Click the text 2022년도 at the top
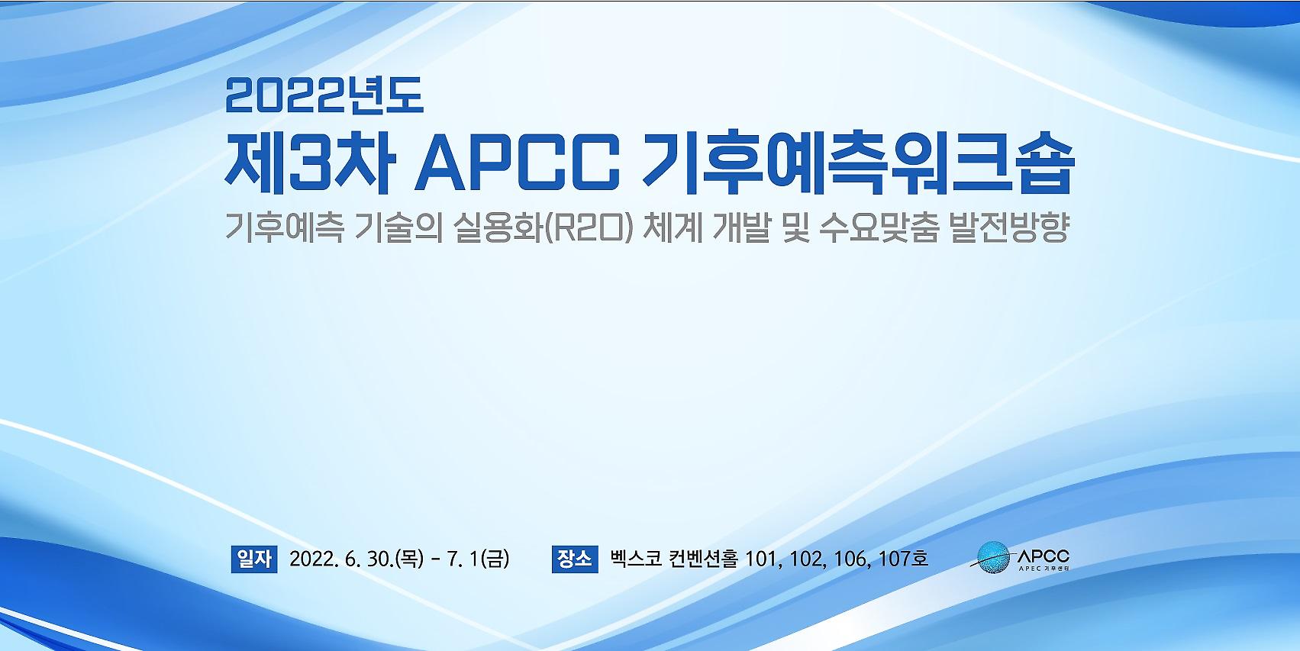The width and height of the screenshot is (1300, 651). (x=324, y=95)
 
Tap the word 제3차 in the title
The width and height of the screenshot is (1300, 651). (x=311, y=163)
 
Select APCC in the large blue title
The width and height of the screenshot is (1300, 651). (x=517, y=164)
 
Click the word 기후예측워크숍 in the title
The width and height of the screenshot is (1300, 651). (x=858, y=163)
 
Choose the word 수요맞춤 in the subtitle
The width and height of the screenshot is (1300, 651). (x=879, y=228)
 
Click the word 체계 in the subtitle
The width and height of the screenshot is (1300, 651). (x=673, y=228)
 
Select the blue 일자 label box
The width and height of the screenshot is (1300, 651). (x=254, y=559)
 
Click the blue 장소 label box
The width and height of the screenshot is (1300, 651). (x=575, y=559)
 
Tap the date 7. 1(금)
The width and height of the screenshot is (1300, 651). (x=478, y=559)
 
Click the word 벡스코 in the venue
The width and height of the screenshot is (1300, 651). (x=635, y=559)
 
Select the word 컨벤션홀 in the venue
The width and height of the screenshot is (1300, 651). (x=703, y=559)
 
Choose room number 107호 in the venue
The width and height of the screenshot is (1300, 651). (x=903, y=559)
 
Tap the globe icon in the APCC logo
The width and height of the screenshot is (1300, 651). (x=993, y=558)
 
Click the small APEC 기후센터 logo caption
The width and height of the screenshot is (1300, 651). (x=1044, y=569)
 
